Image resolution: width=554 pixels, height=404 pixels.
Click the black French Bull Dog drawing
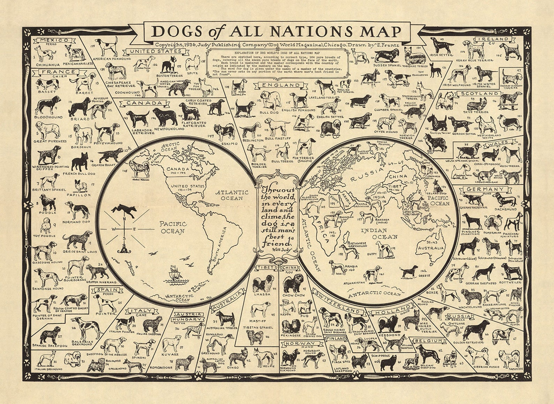(x=80, y=161)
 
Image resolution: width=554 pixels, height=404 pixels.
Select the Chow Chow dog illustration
(x=293, y=283)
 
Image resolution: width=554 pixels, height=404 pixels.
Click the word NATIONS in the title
(x=313, y=32)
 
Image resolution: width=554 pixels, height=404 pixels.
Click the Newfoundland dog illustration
(x=165, y=117)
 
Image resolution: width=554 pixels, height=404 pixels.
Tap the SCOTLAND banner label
(x=480, y=94)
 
